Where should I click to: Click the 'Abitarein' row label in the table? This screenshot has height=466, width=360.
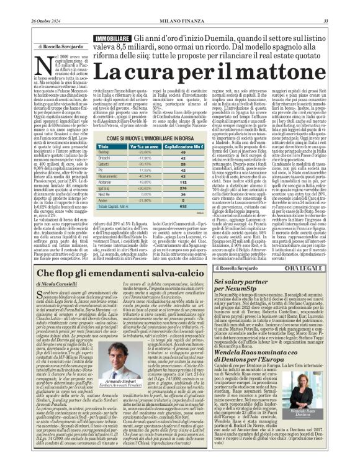(106, 181)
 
